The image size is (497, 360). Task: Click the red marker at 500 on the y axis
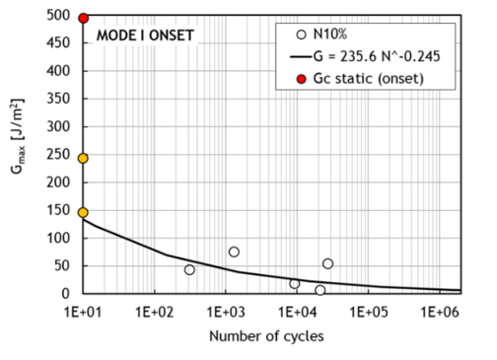coord(83,18)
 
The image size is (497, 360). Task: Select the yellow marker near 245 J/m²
coord(83,158)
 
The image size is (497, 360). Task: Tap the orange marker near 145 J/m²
coord(83,212)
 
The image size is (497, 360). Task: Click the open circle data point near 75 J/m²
coord(234,252)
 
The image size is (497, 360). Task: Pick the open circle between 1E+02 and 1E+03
coord(189,269)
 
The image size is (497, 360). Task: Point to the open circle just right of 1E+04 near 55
coord(327,263)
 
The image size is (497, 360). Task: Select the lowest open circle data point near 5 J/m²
coord(320,290)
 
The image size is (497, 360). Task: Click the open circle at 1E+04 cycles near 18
coord(295,283)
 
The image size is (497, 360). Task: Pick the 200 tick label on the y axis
coord(62,183)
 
